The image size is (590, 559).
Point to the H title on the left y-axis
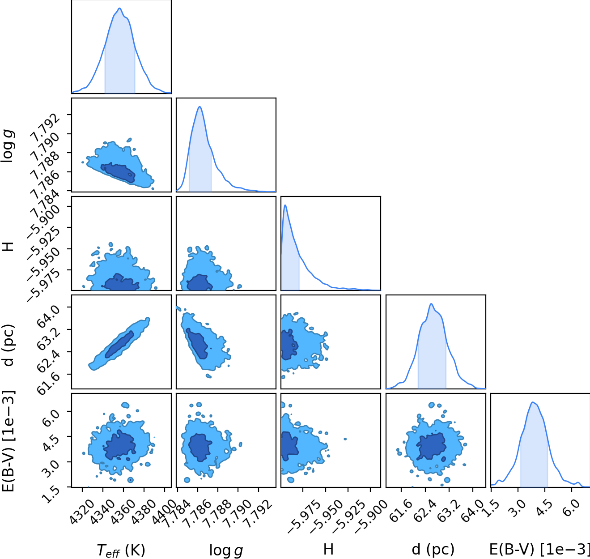coord(8,247)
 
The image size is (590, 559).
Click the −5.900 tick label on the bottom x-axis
coord(368,516)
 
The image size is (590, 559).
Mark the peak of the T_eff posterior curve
coord(119,8)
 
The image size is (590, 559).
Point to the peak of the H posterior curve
coord(285,205)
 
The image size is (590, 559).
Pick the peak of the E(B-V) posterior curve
coord(532,402)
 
